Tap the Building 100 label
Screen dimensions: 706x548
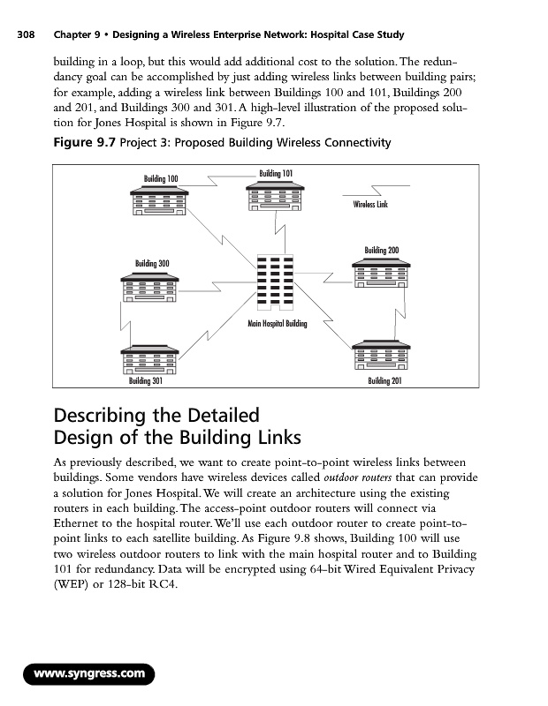[161, 179]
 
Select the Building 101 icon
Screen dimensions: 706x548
[277, 195]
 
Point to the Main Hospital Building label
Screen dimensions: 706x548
[276, 324]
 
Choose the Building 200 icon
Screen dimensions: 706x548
[382, 271]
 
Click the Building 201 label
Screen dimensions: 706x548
[385, 382]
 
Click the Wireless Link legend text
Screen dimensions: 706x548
[371, 205]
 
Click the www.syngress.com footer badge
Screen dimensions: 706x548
[88, 674]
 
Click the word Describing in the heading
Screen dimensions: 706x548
[105, 415]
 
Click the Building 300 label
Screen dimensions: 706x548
[152, 263]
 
